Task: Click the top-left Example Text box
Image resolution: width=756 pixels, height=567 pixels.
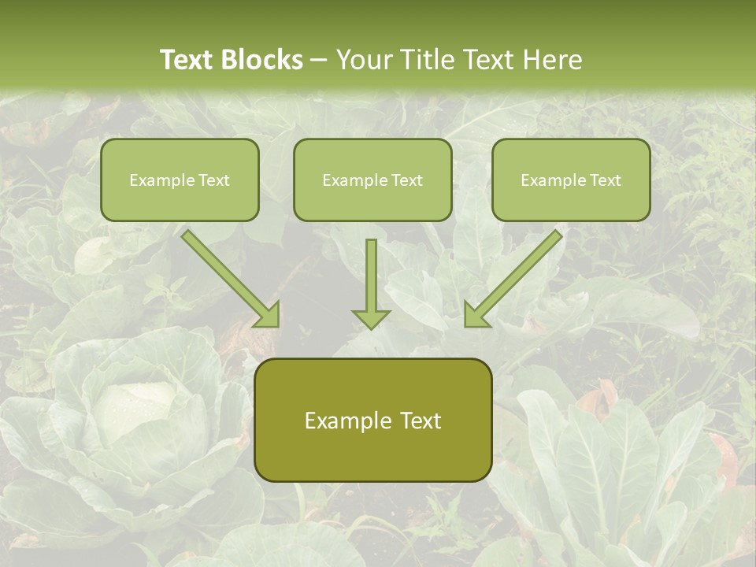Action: [180, 180]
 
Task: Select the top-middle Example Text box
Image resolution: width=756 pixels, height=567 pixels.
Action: [372, 180]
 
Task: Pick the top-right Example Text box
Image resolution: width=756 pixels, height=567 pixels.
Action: [571, 180]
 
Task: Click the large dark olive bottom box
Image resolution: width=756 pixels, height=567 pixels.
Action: [372, 421]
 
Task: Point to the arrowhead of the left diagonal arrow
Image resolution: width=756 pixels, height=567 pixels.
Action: [268, 316]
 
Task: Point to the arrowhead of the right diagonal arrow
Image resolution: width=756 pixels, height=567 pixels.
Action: [476, 316]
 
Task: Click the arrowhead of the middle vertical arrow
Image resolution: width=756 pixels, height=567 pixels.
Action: [371, 318]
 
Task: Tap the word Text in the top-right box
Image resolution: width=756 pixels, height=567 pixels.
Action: [604, 180]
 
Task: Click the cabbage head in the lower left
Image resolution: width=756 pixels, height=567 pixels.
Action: [134, 409]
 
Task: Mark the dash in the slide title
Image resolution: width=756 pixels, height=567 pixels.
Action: [319, 61]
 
